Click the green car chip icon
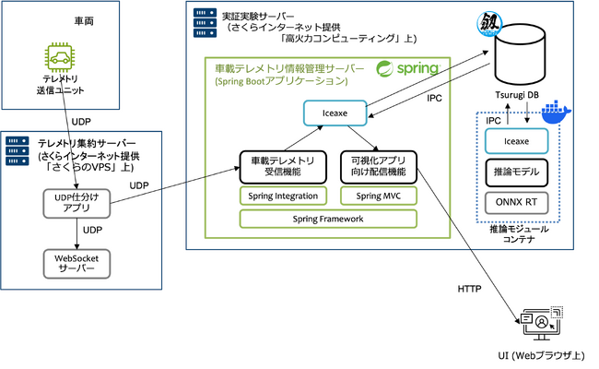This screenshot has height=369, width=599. click(x=60, y=57)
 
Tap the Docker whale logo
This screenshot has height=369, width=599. click(x=556, y=112)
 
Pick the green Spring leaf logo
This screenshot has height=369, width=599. click(x=384, y=69)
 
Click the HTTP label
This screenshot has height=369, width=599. click(x=469, y=289)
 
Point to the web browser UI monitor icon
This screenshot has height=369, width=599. click(x=542, y=323)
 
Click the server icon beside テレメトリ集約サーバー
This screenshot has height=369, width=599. click(x=18, y=151)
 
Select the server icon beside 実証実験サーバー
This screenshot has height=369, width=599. click(x=205, y=23)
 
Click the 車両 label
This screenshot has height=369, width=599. click(x=84, y=20)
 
